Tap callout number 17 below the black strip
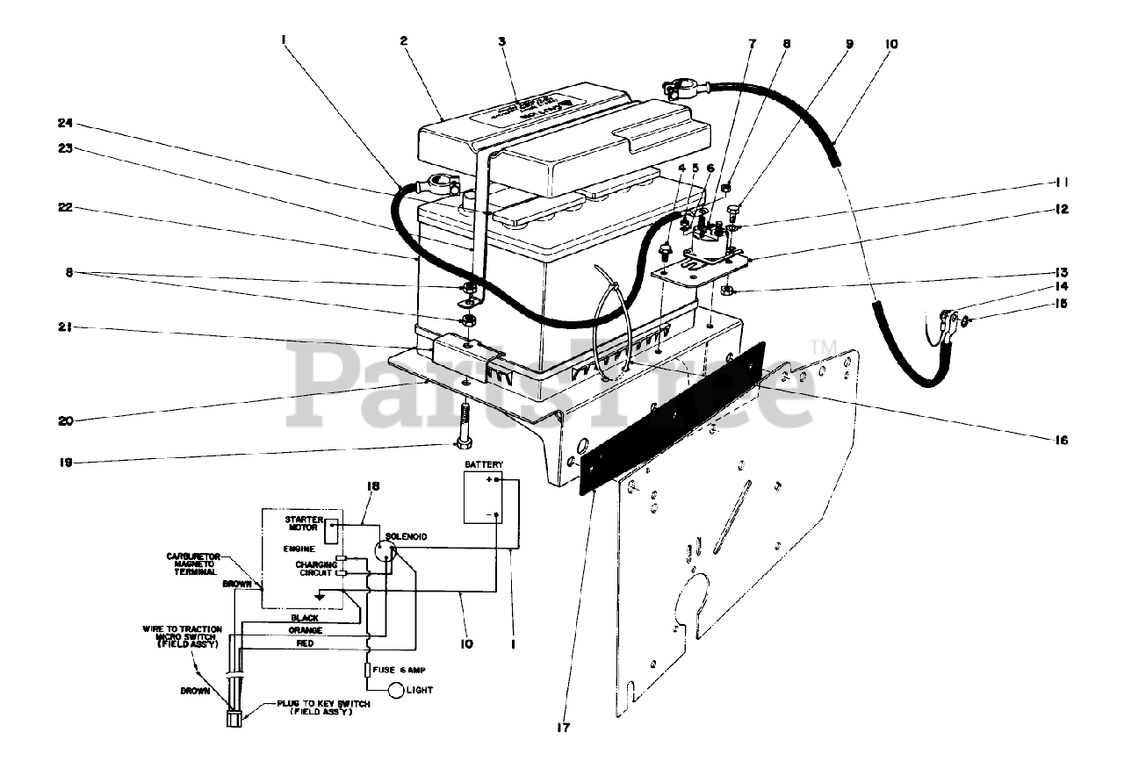pos(563,728)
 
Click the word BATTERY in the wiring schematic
pos(485,463)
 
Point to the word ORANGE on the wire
pos(306,631)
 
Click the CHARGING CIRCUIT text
pos(315,569)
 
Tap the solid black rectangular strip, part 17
pos(672,414)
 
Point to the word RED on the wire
pos(306,644)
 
